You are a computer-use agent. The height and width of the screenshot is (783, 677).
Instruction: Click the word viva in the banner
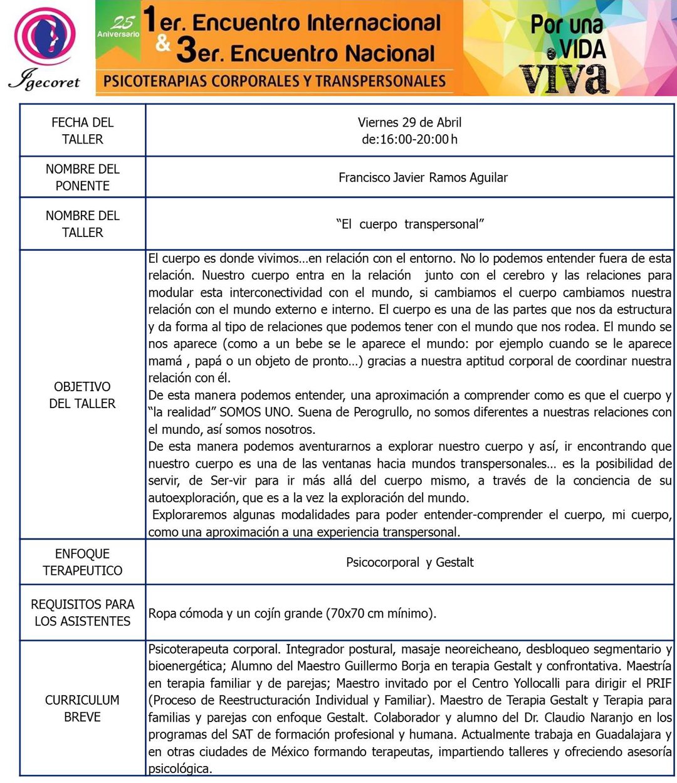pyautogui.click(x=564, y=79)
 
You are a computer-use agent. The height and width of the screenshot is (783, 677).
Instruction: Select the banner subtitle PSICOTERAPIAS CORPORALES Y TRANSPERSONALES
pyautogui.click(x=274, y=81)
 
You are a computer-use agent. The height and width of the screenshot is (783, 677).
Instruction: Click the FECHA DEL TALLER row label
pyautogui.click(x=82, y=130)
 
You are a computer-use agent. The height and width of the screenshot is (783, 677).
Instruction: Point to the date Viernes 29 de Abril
pyautogui.click(x=409, y=122)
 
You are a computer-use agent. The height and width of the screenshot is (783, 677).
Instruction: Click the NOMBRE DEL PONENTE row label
pyautogui.click(x=82, y=177)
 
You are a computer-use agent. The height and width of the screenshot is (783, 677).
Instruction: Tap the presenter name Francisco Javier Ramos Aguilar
pyautogui.click(x=422, y=177)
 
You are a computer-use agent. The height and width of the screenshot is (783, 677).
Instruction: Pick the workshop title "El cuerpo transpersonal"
pyautogui.click(x=410, y=224)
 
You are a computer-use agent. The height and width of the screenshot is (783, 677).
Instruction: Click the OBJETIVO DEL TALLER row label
pyautogui.click(x=82, y=395)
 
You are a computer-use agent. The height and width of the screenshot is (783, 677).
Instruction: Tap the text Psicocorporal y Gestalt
pyautogui.click(x=409, y=562)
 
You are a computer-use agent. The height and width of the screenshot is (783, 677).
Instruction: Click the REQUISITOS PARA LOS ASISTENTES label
pyautogui.click(x=82, y=612)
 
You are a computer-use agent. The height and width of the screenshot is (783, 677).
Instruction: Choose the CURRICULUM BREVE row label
pyautogui.click(x=82, y=708)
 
